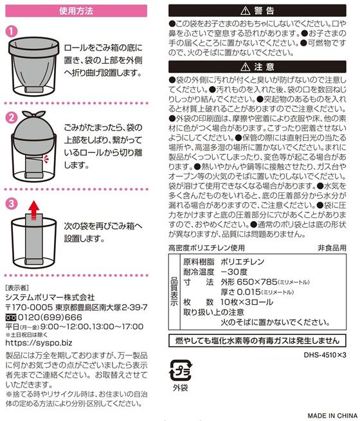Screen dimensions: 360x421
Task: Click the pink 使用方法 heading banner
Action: point(76,11)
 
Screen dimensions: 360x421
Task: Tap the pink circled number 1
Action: point(12,31)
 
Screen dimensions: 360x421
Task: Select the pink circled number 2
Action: point(12,118)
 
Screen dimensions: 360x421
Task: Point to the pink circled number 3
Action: point(12,203)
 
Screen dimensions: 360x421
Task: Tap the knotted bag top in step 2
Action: point(33,114)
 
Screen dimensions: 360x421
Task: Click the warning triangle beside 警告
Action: point(246,11)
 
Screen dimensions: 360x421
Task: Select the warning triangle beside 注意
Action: point(246,67)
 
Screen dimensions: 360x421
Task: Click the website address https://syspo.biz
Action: point(39,343)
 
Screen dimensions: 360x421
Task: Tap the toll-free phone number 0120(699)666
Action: point(50,318)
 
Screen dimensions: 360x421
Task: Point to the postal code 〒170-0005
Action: point(29,307)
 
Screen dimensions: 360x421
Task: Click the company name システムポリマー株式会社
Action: point(50,298)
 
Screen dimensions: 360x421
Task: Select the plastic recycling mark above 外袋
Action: point(181,370)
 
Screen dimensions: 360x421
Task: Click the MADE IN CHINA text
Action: point(332,416)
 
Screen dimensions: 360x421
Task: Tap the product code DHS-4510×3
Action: point(325,355)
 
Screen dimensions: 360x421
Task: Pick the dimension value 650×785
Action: point(257,282)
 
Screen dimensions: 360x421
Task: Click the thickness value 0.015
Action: point(249,292)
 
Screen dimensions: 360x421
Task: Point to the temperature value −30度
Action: point(234,272)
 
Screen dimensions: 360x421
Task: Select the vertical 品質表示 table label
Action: point(174,292)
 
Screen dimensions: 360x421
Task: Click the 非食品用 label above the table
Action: point(332,247)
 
